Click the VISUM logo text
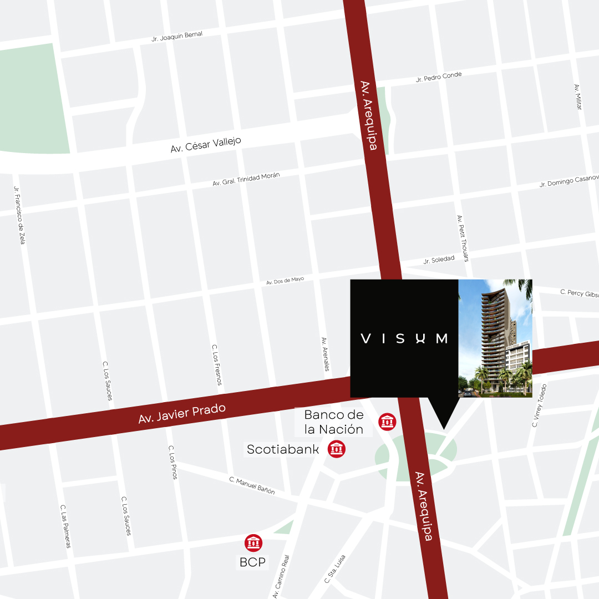coord(404,338)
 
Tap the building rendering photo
coord(495,338)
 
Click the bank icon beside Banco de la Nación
coord(387,422)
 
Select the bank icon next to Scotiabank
coord(336,449)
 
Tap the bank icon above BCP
coord(253,543)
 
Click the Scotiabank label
coord(283,449)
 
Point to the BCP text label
coord(253,562)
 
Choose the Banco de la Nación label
coord(334,422)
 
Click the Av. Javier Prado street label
coord(182,414)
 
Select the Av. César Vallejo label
coord(206,145)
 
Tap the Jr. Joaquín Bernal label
coord(177,37)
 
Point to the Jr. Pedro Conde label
coord(439,77)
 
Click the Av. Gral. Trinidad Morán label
coord(246,179)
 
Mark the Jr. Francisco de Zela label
coord(19,215)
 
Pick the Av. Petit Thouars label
coord(463,238)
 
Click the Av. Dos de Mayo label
coord(285,281)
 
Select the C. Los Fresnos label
coord(217,364)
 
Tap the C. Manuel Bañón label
coord(252,485)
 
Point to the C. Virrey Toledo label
coord(539,405)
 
